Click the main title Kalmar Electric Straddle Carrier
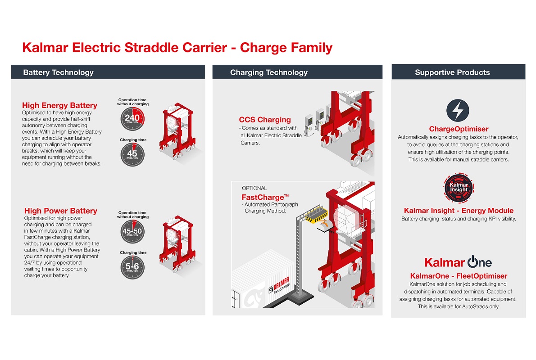(x=177, y=47)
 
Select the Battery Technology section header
(x=58, y=72)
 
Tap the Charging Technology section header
(x=268, y=72)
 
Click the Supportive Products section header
(x=452, y=72)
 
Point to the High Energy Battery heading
(x=59, y=106)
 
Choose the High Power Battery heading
(x=60, y=211)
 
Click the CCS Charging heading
(x=265, y=120)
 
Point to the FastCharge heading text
(x=265, y=197)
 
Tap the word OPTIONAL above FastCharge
(x=254, y=188)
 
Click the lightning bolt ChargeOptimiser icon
(x=458, y=110)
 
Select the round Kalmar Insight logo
(x=459, y=187)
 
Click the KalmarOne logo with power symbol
(x=458, y=262)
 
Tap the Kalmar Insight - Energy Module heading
(x=459, y=211)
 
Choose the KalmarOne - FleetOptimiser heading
(x=459, y=276)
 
